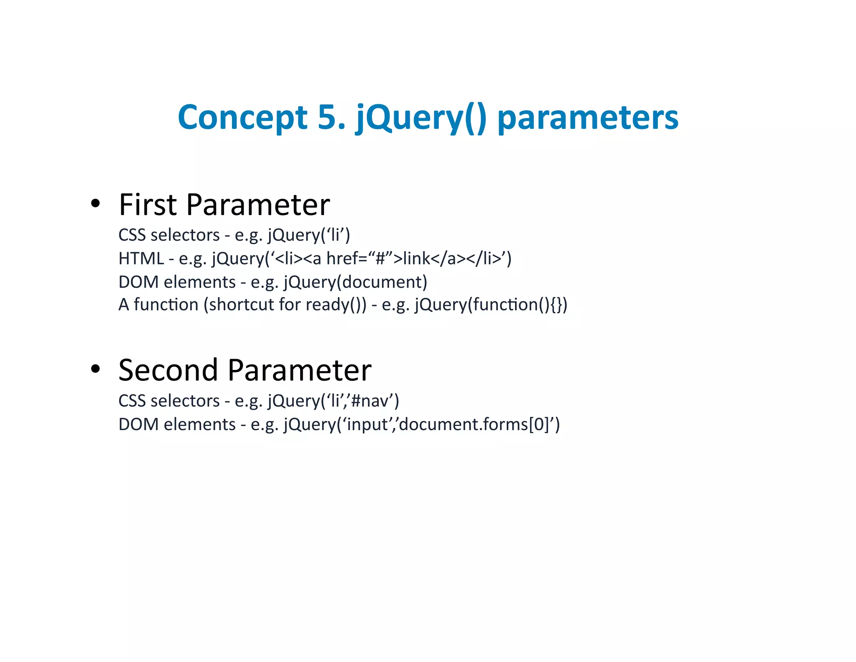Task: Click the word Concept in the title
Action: (x=242, y=118)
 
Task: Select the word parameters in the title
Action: (x=588, y=118)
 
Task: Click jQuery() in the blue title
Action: (x=421, y=118)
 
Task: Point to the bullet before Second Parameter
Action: (x=95, y=369)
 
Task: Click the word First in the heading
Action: (x=148, y=205)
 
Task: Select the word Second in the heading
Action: (x=168, y=370)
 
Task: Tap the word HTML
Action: (x=141, y=258)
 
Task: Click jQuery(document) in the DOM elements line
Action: (x=355, y=282)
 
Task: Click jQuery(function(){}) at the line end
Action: (x=491, y=305)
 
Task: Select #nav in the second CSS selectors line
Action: (x=371, y=401)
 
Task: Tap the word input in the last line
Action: (x=367, y=425)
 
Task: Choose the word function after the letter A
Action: (x=166, y=304)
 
